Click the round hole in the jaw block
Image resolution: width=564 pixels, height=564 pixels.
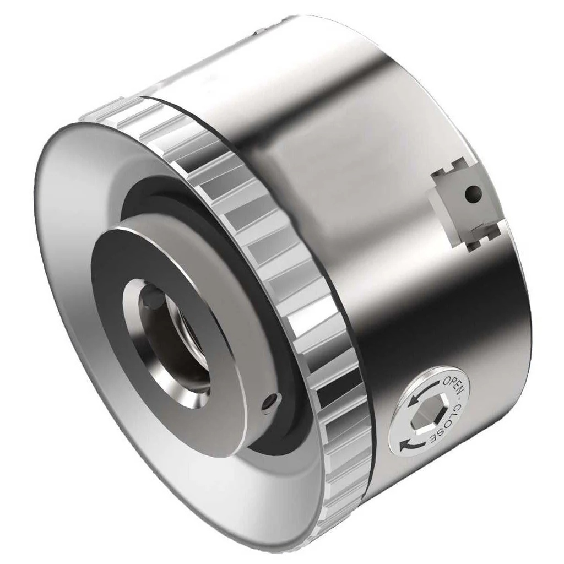[472, 193]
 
